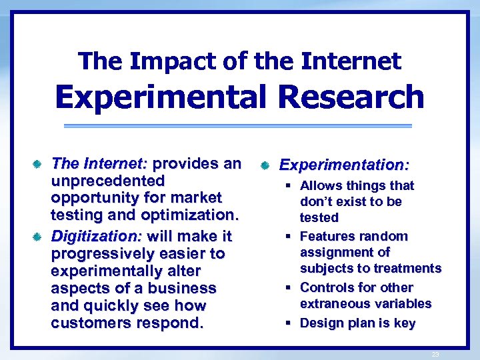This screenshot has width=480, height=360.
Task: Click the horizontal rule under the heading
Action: [x=239, y=126]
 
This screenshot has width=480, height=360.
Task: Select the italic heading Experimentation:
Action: [x=344, y=164]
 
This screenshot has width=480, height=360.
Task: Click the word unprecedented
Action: [x=108, y=181]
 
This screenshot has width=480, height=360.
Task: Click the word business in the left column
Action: [x=185, y=289]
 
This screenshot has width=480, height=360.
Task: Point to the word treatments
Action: [x=407, y=269]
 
